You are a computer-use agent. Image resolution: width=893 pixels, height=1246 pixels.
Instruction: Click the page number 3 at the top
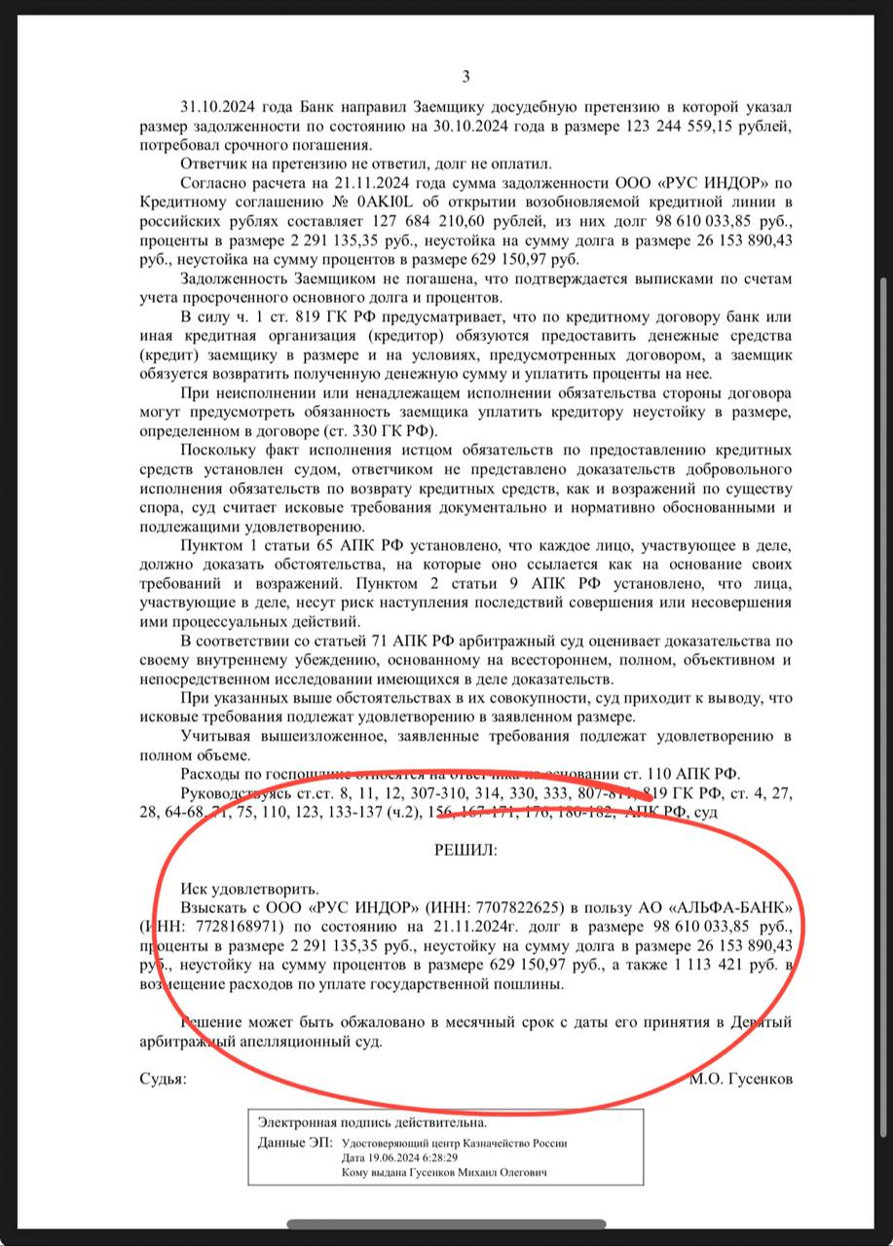pos(465,77)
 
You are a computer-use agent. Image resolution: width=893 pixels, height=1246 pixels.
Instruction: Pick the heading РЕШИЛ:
pos(465,849)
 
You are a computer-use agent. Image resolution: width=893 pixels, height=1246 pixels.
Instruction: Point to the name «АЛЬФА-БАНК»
pos(729,907)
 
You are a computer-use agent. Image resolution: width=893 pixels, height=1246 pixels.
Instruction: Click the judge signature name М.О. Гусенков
pos(739,1079)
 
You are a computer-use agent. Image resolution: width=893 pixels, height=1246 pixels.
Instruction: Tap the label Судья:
pos(162,1079)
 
